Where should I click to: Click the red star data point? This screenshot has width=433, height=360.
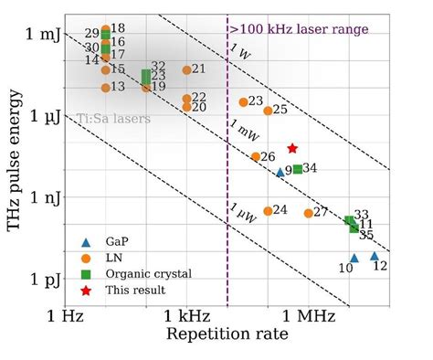coord(292,148)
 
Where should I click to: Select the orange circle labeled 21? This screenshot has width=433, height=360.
coord(187,69)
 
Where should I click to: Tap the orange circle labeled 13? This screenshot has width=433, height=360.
coord(106,87)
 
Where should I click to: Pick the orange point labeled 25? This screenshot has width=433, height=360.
coord(268,111)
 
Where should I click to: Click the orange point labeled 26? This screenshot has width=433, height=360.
coord(256,157)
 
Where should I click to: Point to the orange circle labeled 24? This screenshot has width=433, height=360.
coord(268,210)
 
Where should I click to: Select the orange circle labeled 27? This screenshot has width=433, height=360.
coord(308,213)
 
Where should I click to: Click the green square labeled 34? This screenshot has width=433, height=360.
coord(298,168)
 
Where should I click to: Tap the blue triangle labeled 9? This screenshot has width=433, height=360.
coord(280,172)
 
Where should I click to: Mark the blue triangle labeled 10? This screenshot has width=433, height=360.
coord(354,258)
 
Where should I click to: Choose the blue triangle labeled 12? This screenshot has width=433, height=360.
coord(375,256)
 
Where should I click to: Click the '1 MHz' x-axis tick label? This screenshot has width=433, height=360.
coord(308,315)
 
